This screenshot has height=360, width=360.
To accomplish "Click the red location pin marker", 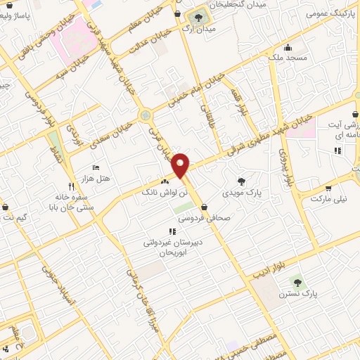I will click(181, 165).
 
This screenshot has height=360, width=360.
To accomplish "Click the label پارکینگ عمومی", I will click(331, 13).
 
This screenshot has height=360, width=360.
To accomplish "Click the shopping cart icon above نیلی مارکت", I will click(328, 188).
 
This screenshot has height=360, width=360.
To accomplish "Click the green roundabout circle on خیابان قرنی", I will click(146, 115).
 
